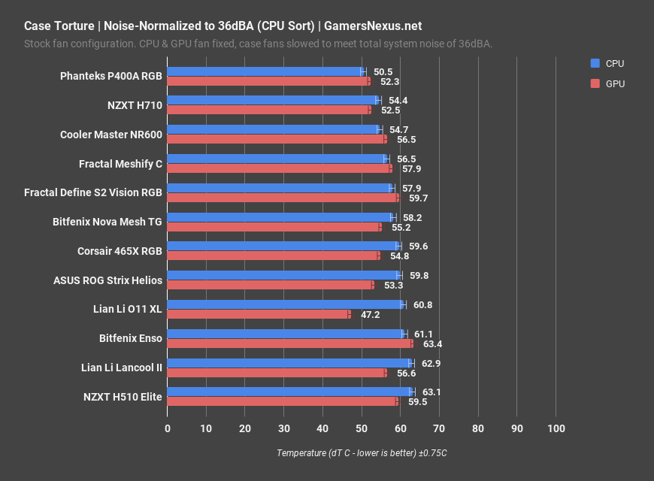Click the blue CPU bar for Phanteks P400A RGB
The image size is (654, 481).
pyautogui.click(x=265, y=71)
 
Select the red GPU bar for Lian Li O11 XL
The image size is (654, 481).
pyautogui.click(x=258, y=314)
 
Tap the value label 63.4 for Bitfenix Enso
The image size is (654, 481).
pyautogui.click(x=433, y=344)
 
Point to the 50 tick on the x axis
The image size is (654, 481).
pyautogui.click(x=362, y=428)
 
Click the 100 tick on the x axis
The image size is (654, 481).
pyautogui.click(x=556, y=428)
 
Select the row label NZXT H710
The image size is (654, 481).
pyautogui.click(x=135, y=105)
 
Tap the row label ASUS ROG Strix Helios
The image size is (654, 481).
pyautogui.click(x=107, y=280)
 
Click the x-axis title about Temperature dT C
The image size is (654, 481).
pyautogui.click(x=362, y=453)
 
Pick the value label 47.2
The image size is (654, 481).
pyautogui.click(x=370, y=314)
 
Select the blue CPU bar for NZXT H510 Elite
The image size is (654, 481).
pyautogui.click(x=289, y=392)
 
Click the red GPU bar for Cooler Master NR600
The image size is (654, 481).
pyautogui.click(x=276, y=139)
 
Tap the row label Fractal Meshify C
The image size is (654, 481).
pyautogui.click(x=120, y=163)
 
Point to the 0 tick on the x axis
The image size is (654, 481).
pyautogui.click(x=168, y=428)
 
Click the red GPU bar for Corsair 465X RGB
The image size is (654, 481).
pyautogui.click(x=273, y=256)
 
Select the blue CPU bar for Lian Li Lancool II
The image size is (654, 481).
pyautogui.click(x=289, y=363)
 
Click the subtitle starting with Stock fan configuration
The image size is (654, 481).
pyautogui.click(x=258, y=44)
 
